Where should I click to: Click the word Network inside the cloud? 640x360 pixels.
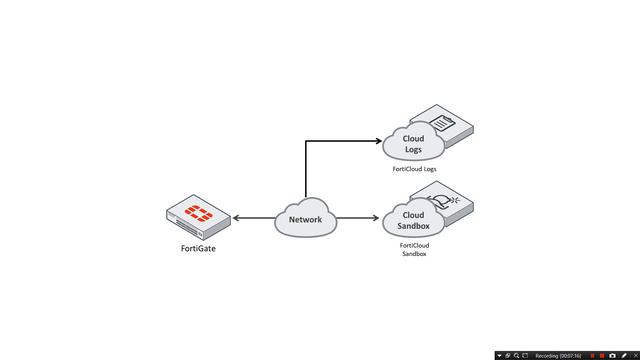click(x=306, y=219)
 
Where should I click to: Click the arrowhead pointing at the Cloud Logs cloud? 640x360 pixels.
click(x=378, y=141)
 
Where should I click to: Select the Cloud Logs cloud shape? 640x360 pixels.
click(x=413, y=144)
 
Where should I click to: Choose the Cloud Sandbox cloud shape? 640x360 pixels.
click(x=413, y=220)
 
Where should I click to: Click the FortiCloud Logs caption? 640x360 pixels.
click(x=414, y=169)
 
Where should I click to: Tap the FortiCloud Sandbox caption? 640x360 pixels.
click(x=414, y=249)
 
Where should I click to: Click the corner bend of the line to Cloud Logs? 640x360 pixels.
click(x=306, y=141)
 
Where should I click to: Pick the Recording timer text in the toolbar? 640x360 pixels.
click(x=558, y=355)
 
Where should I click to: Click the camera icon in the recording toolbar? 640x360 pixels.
click(x=612, y=355)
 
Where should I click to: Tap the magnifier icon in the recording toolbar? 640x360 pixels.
click(x=516, y=355)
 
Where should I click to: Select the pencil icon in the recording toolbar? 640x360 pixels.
click(x=623, y=355)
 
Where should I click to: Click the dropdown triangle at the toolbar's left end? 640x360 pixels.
click(x=499, y=355)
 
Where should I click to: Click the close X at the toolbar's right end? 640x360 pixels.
click(x=634, y=355)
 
